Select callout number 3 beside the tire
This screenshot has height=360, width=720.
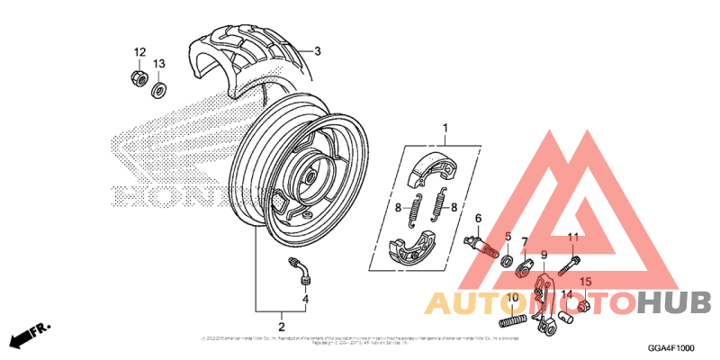pyautogui.click(x=317, y=50)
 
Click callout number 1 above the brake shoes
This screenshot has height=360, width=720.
pyautogui.click(x=444, y=129)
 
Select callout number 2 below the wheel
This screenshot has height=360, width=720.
pyautogui.click(x=282, y=327)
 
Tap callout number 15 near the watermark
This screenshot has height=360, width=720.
pyautogui.click(x=585, y=282)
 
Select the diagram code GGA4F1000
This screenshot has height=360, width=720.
pyautogui.click(x=672, y=347)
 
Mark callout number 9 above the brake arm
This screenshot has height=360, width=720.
pyautogui.click(x=544, y=255)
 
